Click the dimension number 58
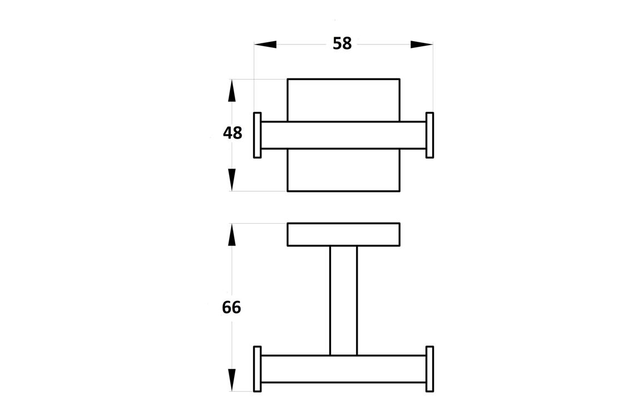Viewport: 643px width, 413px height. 342,43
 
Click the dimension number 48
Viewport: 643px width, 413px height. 233,133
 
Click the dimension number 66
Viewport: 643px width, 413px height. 231,307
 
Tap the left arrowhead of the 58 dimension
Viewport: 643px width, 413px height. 265,45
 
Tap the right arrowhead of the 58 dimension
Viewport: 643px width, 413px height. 422,45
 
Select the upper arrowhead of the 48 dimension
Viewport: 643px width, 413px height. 232,90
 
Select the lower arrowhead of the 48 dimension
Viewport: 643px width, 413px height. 232,180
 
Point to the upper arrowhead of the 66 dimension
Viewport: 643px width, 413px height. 232,235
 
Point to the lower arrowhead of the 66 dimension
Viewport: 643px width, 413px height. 232,380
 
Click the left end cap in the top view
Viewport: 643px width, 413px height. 258,135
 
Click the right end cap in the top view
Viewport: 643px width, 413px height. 430,135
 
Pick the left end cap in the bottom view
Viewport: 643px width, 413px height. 258,369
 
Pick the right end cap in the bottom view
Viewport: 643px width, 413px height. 430,369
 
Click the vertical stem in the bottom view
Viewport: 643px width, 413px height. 344,301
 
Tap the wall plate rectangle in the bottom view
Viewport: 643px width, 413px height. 344,234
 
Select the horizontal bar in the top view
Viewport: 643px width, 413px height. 344,135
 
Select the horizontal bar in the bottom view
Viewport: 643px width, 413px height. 344,369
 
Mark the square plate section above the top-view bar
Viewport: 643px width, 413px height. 344,100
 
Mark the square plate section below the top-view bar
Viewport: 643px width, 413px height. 344,170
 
